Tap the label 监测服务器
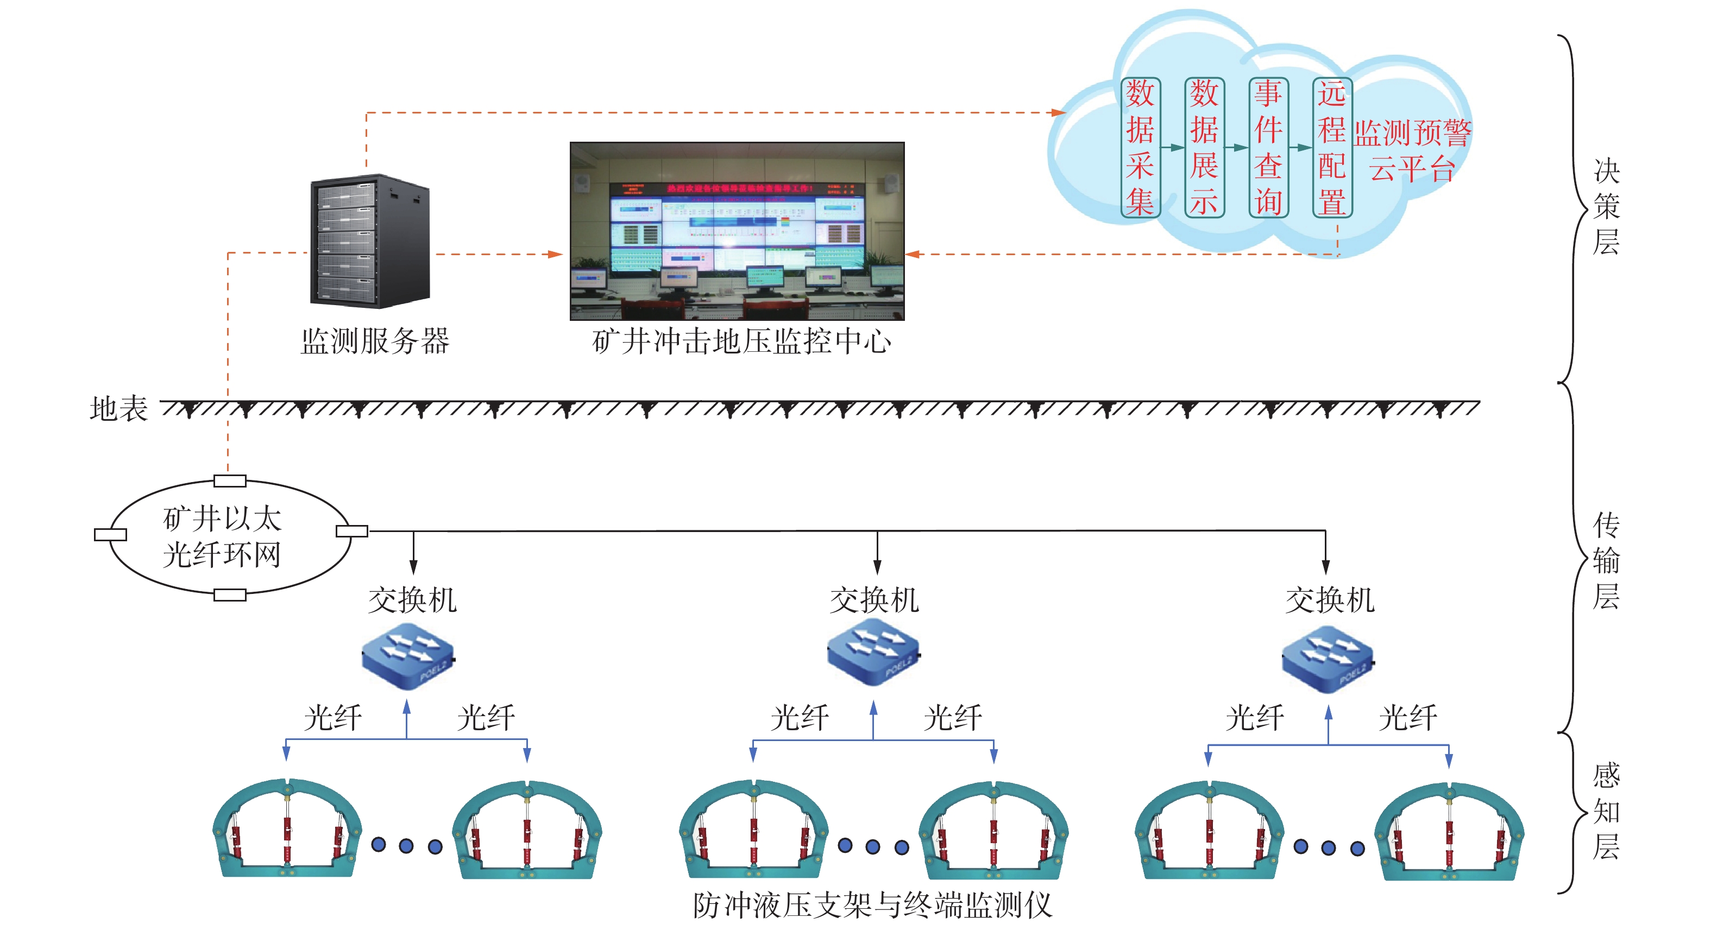click(375, 341)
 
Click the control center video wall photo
click(737, 230)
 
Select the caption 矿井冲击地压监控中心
click(741, 341)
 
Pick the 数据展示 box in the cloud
click(1204, 147)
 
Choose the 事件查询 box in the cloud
click(1268, 147)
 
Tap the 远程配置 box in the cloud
click(1332, 147)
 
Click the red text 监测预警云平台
click(1412, 150)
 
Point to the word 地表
click(118, 408)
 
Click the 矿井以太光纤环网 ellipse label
click(223, 536)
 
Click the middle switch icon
click(873, 652)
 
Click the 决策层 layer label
click(1606, 206)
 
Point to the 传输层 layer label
click(1606, 560)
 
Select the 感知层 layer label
click(1606, 811)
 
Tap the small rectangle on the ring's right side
click(351, 530)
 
